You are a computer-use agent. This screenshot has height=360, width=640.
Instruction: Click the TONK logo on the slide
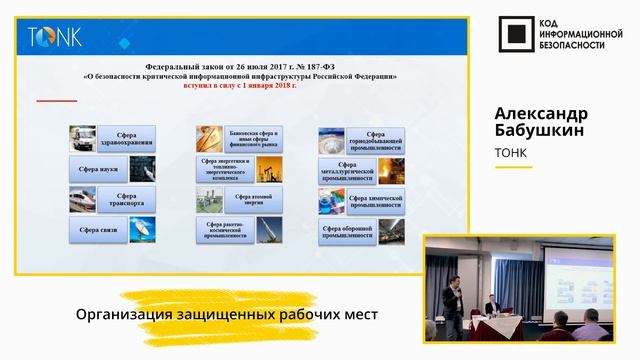[x=55, y=38]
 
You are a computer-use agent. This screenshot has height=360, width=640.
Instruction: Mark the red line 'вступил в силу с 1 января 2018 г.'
[x=239, y=86]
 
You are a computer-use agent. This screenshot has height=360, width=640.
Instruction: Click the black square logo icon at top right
[x=514, y=36]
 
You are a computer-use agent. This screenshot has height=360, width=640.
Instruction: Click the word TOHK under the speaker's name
[x=513, y=153]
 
